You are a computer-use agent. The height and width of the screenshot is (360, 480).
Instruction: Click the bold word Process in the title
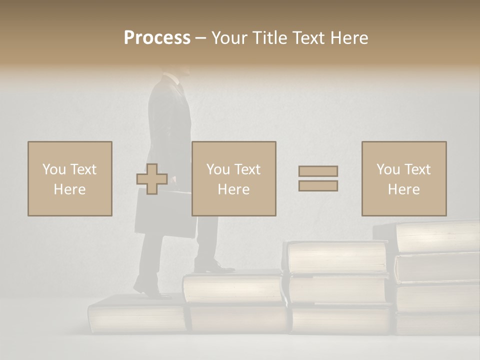157,38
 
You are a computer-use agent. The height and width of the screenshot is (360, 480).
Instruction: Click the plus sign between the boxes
152,179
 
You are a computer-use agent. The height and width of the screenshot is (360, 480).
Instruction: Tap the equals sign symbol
318,178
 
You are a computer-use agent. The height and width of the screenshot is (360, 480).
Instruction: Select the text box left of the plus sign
70,178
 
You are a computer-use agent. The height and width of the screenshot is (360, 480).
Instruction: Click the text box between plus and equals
234,178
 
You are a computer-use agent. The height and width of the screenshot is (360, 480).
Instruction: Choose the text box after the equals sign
404,178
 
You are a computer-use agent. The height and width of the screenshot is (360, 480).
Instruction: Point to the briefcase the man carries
164,214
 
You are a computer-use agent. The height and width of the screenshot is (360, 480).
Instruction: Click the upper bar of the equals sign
318,171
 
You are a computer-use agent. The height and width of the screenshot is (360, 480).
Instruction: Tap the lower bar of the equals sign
318,186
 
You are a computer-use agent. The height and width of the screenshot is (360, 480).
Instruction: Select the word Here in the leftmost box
70,189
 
